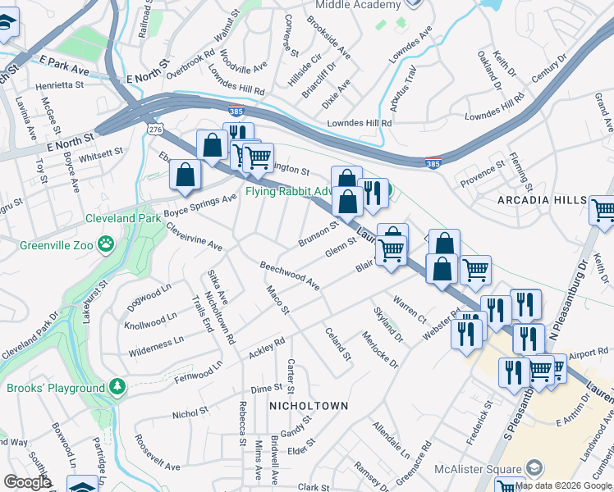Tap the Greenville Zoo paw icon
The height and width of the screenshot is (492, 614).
[106, 243]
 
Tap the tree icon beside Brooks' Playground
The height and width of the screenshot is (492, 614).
[117, 386]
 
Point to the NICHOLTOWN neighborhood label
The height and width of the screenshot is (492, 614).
[309, 406]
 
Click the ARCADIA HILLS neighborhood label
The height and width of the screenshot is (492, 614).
[543, 200]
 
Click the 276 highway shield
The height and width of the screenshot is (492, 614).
[153, 130]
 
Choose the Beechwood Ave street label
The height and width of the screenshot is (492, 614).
[289, 276]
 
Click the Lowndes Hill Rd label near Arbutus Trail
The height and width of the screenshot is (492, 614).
[360, 122]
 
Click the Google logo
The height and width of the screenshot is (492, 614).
[28, 482]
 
